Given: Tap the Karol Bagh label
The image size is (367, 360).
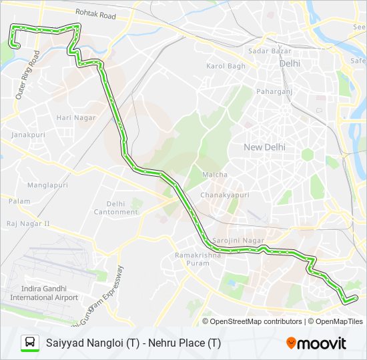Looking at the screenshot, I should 226,67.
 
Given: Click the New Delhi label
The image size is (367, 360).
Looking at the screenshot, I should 264,147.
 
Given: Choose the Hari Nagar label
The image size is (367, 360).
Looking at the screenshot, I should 76,118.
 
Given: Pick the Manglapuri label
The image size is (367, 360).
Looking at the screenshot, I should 48,185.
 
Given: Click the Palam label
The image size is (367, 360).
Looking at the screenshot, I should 19,201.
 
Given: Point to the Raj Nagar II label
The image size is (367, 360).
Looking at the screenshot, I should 28,223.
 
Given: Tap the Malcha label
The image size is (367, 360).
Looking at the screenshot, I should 215,175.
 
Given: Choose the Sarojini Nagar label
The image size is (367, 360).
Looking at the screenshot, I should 238,241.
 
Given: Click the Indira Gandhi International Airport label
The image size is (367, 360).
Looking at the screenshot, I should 44,293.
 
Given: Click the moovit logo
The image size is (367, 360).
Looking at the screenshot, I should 316,343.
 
